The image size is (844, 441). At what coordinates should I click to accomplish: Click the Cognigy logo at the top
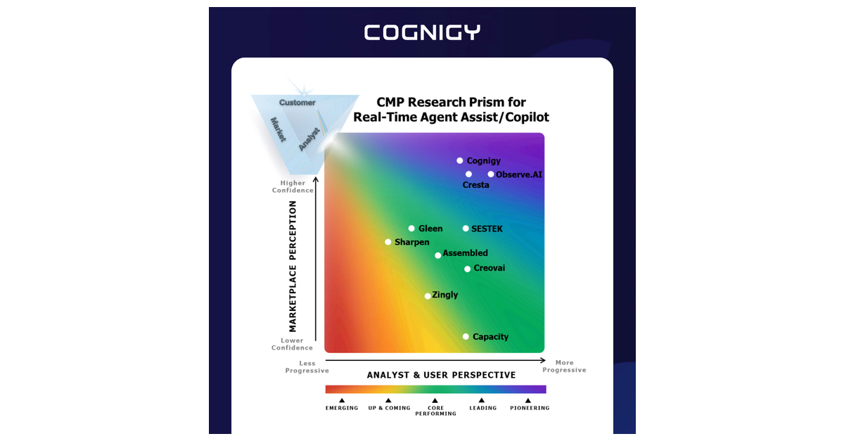[422, 32]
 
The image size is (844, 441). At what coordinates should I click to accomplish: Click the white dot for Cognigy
[459, 161]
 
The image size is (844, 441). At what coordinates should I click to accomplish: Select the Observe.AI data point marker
[491, 174]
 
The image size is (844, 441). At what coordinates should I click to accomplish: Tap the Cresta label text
[475, 185]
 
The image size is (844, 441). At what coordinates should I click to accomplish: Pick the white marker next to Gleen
[411, 229]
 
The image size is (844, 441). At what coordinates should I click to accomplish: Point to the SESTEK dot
[466, 229]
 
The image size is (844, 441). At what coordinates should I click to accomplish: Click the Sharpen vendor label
[411, 242]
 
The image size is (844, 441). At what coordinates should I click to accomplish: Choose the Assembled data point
[437, 255]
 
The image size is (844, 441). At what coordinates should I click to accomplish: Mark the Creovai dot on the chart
[467, 269]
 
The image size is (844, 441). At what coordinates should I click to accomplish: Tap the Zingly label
[445, 295]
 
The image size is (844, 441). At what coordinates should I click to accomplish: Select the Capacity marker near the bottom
[466, 337]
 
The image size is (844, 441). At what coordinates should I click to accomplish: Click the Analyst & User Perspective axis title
[441, 375]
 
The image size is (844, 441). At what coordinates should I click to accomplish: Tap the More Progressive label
[564, 366]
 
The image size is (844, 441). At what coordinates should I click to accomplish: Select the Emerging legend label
[342, 408]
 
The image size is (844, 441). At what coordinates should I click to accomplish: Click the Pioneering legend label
[530, 408]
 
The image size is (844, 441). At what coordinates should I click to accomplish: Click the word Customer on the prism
[297, 103]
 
